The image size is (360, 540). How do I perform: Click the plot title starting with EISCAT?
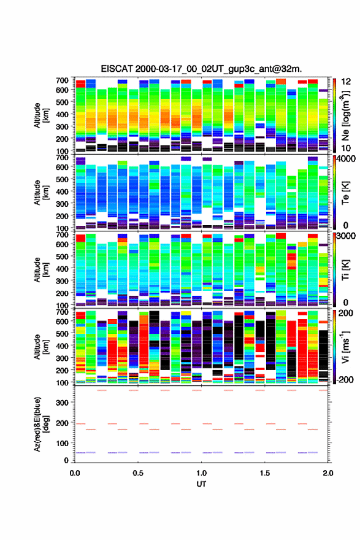point(201,69)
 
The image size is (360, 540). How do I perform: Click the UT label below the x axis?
point(201,484)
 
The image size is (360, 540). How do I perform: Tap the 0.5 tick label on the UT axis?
point(138,473)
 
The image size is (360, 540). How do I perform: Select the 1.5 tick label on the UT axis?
point(265,473)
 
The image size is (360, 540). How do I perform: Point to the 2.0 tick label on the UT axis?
point(328,473)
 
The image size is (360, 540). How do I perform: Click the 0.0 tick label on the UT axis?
point(75,473)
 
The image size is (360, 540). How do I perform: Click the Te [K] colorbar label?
point(345,193)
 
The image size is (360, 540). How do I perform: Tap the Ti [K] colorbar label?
point(345,270)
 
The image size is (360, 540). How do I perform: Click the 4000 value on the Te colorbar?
point(347,160)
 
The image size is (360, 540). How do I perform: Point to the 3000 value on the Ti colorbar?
point(347,236)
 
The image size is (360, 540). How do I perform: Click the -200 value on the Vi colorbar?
point(345,379)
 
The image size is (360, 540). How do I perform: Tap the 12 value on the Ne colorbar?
point(346,82)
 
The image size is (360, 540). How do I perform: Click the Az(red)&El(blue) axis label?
point(42,424)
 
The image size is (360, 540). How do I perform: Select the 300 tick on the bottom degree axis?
point(62,403)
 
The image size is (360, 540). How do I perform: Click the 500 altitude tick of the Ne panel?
point(62,102)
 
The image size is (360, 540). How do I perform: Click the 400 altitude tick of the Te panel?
point(62,191)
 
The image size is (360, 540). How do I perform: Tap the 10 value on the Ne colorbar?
point(346,148)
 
